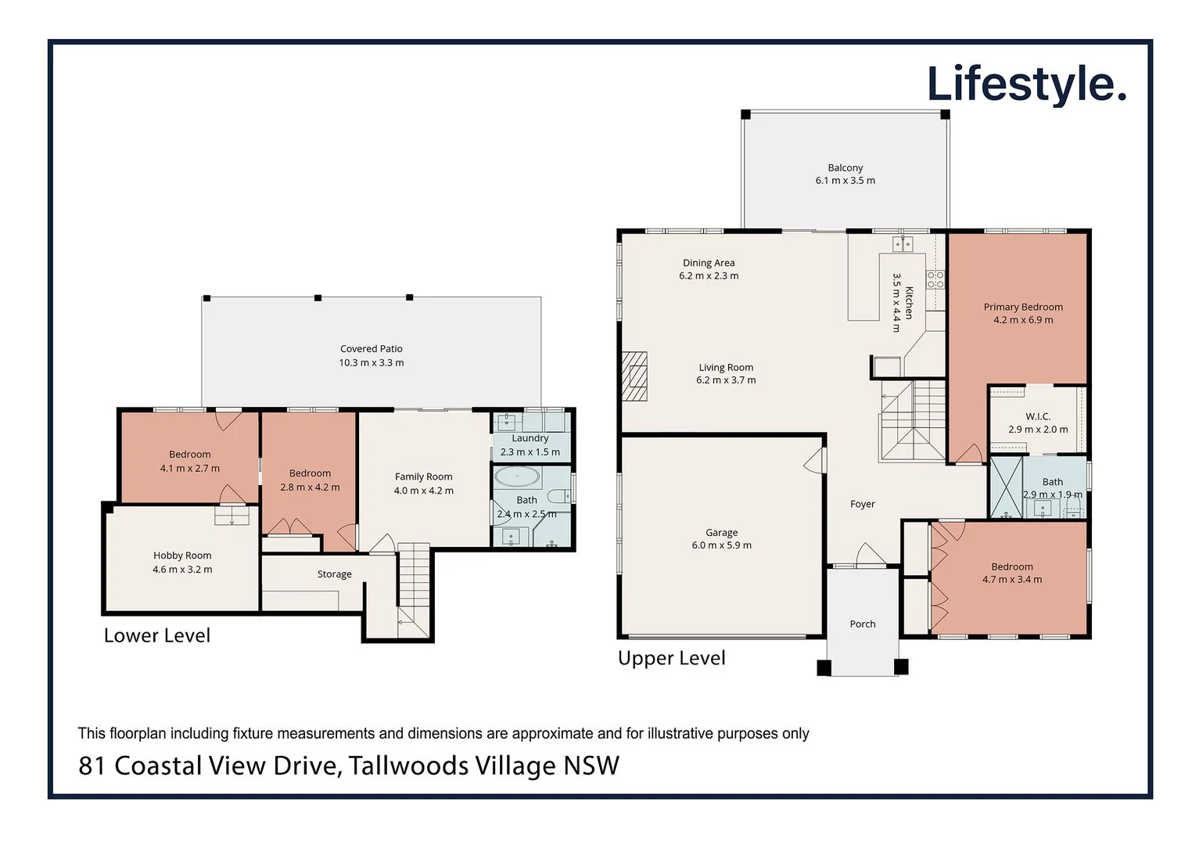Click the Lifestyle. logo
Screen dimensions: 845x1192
1025,84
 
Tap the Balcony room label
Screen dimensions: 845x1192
845,167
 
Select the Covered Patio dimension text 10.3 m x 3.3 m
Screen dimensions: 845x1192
371,363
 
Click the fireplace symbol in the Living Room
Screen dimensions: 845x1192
634,376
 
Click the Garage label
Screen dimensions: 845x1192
721,533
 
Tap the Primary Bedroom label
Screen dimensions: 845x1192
1022,307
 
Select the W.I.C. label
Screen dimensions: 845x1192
1037,417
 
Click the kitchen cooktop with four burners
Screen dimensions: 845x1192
935,279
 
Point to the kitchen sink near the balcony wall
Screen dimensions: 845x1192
903,244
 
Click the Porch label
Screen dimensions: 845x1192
862,624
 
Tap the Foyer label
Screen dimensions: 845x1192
862,505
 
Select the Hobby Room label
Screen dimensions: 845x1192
182,556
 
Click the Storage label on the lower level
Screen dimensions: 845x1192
334,574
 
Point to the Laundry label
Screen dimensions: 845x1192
530,439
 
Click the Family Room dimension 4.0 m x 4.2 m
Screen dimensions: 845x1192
423,491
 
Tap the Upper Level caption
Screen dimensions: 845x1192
671,658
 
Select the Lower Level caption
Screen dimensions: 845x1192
157,635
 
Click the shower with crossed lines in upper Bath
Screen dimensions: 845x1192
1006,487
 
